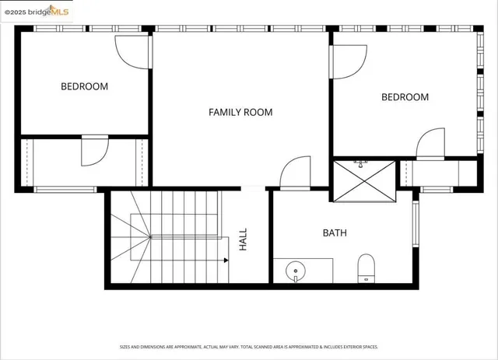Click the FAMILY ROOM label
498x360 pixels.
point(240,112)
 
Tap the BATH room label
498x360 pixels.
point(335,232)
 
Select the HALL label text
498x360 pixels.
point(243,239)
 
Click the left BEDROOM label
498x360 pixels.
point(84,86)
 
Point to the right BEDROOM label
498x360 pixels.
point(405,97)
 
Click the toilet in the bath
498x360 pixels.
point(366,270)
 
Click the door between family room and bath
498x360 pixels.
point(295,173)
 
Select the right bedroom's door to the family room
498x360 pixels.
point(348,61)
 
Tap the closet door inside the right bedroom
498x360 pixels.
point(430,145)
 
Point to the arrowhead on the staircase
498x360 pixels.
point(226,260)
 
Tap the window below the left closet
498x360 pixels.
point(65,189)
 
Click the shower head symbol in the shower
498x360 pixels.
point(361,164)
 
